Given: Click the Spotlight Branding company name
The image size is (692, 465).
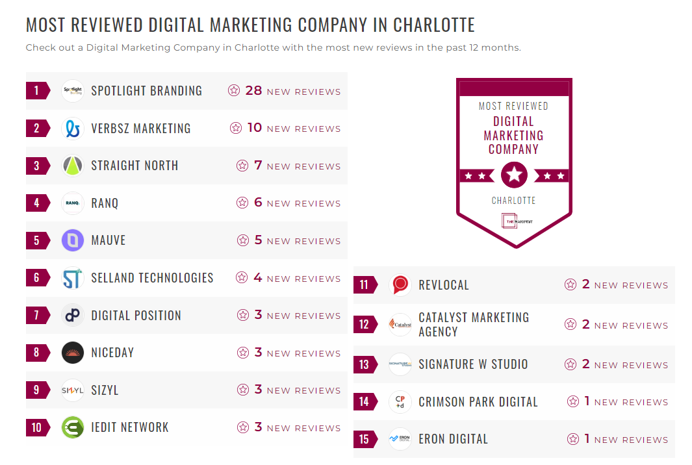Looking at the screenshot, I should pos(146,91).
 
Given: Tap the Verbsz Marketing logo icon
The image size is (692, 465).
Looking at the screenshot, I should pos(73,129).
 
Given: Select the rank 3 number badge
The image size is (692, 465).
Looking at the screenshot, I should pos(36,166).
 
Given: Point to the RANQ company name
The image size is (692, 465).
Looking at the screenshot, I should pos(105,203).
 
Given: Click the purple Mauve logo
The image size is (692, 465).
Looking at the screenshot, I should pos(73,240).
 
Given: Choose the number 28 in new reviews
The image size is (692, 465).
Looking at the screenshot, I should pos(253,91).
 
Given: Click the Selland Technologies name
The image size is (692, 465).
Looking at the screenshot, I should pos(152,278).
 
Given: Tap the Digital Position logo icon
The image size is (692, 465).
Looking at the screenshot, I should pos(73,316).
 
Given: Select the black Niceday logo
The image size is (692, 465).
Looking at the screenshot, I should pos(73,353).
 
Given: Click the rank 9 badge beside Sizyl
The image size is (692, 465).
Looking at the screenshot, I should pos(36,390).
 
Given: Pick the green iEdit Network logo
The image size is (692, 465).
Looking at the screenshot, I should pos(73,427).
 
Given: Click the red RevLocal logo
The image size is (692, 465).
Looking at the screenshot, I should pos(400,285).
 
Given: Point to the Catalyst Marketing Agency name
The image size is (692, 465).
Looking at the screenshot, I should pos(474,325).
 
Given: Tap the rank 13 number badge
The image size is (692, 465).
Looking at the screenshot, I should pos(364,364).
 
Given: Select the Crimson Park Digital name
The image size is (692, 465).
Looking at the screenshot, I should pos(478,402).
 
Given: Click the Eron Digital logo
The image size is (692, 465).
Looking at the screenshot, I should pos(400,439).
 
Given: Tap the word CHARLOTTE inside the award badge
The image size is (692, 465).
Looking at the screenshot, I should pos(513,201).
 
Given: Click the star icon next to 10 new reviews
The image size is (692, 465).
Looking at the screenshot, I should pos(236,129).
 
